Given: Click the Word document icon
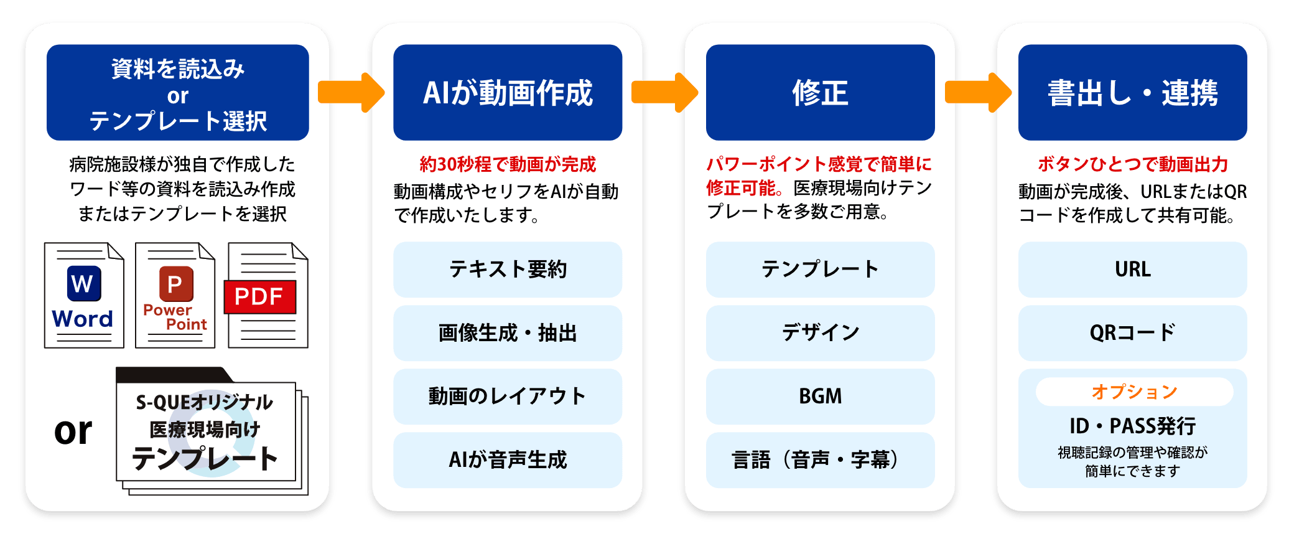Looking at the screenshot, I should (x=84, y=295).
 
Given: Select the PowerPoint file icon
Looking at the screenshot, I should (x=175, y=295).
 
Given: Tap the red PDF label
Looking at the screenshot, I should (x=259, y=297).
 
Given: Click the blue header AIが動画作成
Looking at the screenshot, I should (x=508, y=93).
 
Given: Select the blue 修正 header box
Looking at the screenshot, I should (x=820, y=93).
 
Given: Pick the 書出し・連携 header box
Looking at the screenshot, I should (x=1132, y=93).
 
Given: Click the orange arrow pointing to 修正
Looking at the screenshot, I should (x=663, y=92).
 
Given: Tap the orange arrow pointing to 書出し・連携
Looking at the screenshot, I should (x=977, y=92).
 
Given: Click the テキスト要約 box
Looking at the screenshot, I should (x=508, y=270).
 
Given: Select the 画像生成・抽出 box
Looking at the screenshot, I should (x=508, y=333).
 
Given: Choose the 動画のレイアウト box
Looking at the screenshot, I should (x=508, y=397).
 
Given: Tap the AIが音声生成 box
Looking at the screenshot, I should (x=508, y=460).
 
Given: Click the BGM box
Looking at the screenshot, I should (x=820, y=397).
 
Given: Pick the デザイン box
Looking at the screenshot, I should (x=820, y=333).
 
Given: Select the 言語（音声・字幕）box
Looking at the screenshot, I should (x=820, y=460).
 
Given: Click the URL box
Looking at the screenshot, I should (x=1132, y=270).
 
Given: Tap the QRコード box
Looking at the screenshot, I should (x=1132, y=333).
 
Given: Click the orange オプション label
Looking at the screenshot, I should (x=1134, y=392).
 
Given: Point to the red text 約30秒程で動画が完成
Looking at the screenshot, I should (x=508, y=164).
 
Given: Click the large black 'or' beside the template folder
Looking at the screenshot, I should (x=73, y=431).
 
